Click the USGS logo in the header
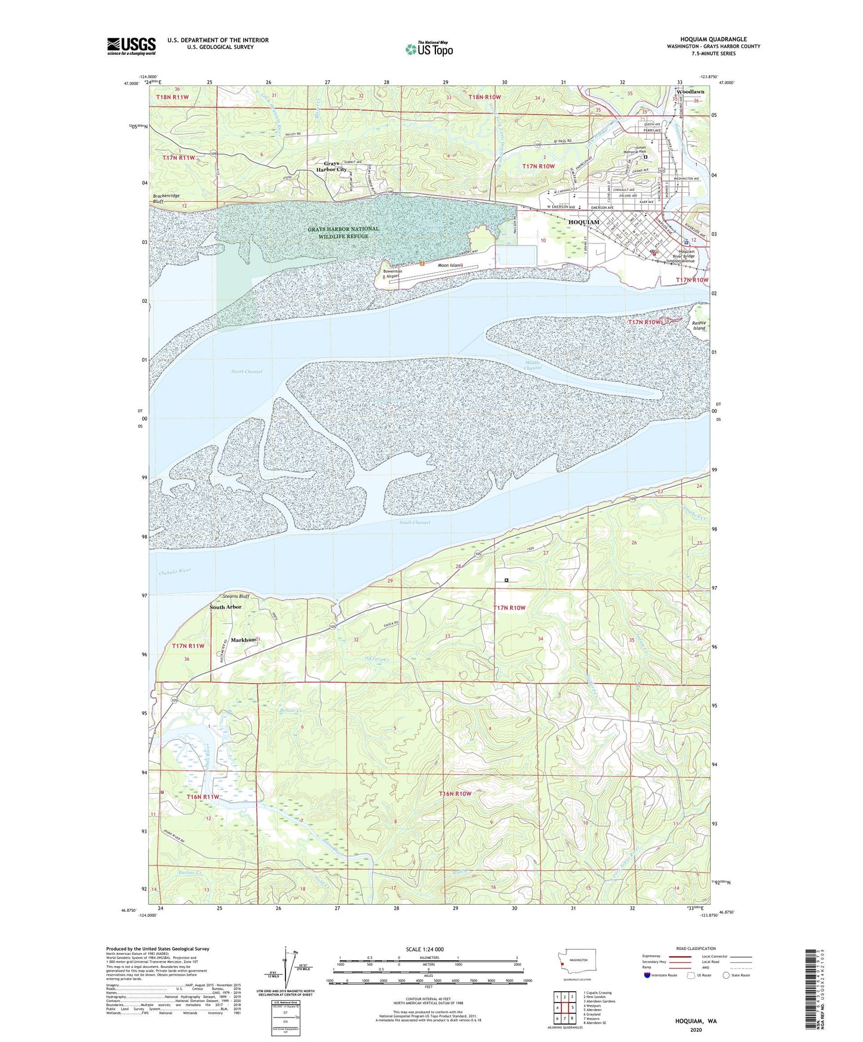pos(131,46)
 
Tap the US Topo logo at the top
pos(428,49)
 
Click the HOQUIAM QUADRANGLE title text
pos(713,39)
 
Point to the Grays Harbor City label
pos(335,167)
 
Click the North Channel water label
pos(247,372)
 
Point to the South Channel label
pos(414,523)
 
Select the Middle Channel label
pos(533,365)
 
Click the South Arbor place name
pos(226,607)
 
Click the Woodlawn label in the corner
pos(690,92)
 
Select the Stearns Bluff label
pos(235,596)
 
